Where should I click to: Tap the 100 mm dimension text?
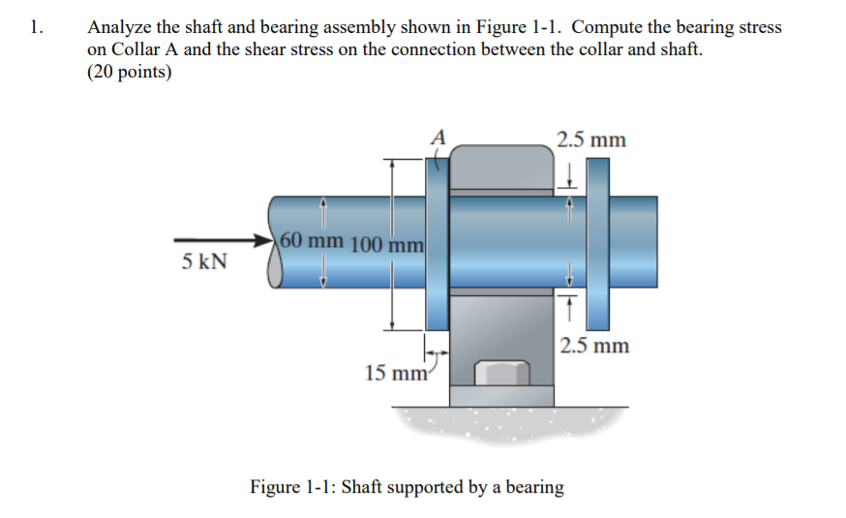tap(384, 243)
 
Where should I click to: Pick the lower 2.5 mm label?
tap(593, 345)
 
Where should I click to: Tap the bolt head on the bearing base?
tap(501, 373)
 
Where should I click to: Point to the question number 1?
tap(37, 27)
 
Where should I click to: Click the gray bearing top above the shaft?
tap(501, 167)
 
